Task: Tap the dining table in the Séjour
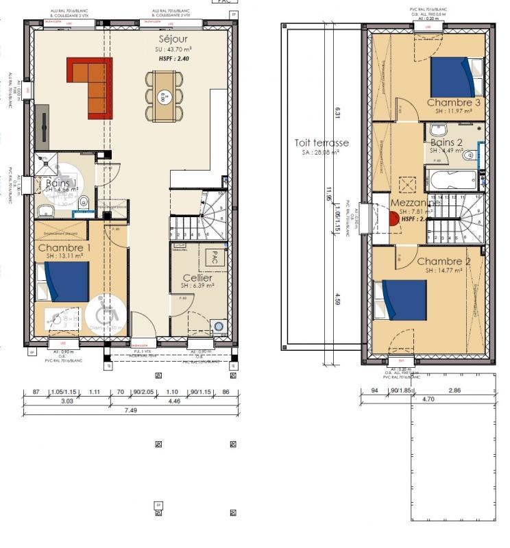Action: tap(164, 95)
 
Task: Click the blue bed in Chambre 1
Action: tap(66, 282)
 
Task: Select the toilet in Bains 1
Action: tap(84, 202)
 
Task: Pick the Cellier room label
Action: tap(197, 277)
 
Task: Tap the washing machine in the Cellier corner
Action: tap(219, 327)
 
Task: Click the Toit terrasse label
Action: tap(321, 142)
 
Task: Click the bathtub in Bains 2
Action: tap(453, 183)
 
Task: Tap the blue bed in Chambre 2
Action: tap(399, 300)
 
